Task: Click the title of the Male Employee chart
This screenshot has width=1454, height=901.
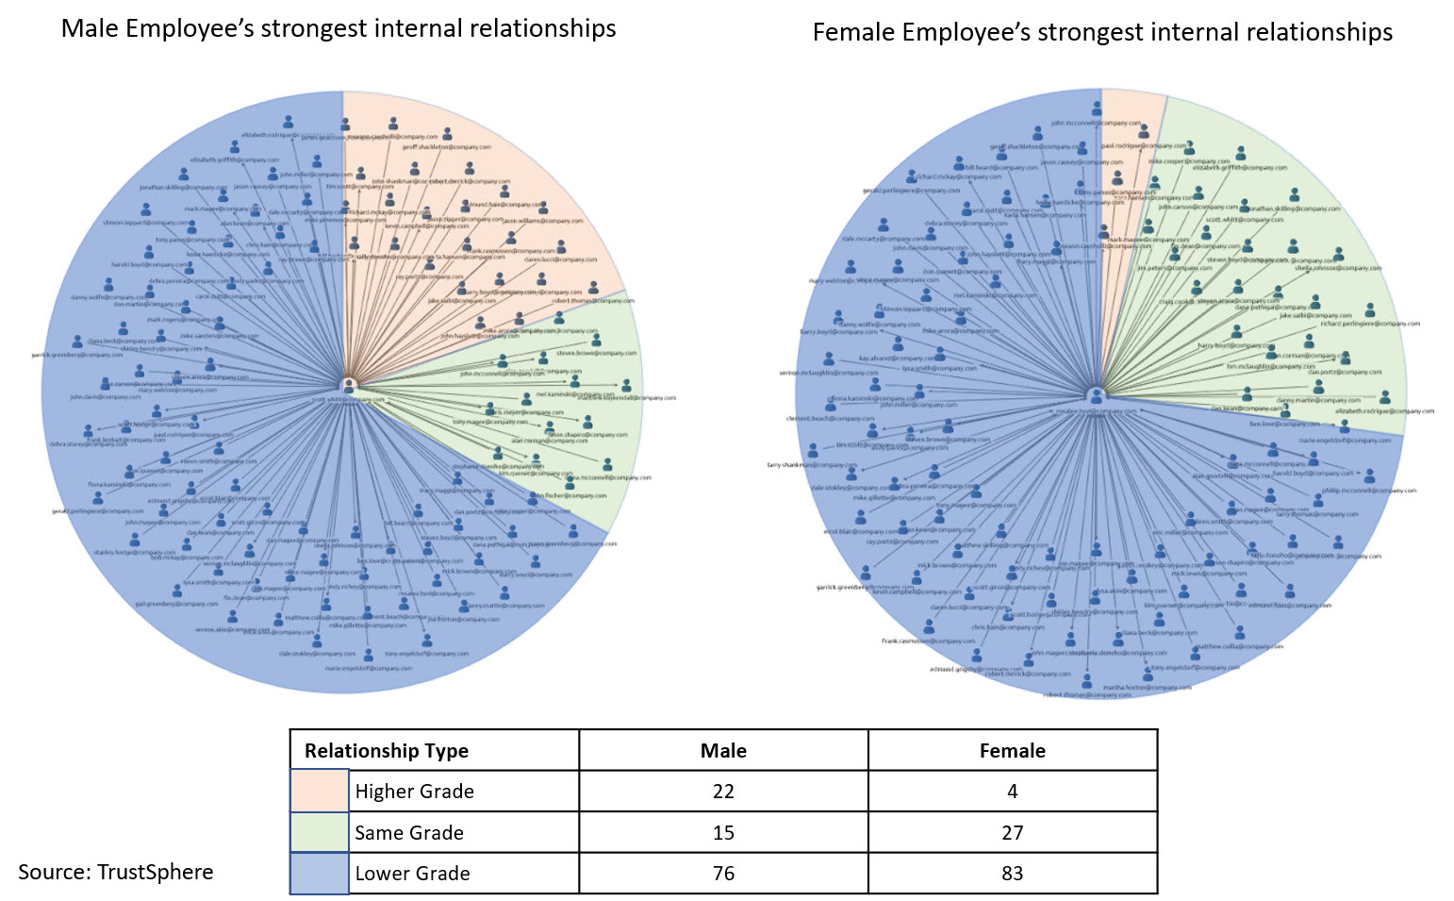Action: pos(339,28)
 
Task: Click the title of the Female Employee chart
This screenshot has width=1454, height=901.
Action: pos(1102,32)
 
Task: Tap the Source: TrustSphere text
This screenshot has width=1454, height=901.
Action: pos(115,872)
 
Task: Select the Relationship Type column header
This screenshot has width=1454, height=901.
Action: pos(387,751)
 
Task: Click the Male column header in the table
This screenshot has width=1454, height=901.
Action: pos(723,751)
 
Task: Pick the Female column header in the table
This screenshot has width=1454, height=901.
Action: pos(1012,751)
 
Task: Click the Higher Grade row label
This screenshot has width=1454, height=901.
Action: pos(414,792)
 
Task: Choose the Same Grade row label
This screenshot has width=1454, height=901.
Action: pos(409,833)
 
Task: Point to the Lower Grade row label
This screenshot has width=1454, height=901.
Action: pos(412,874)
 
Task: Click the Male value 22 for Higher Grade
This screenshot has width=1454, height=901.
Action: pos(723,792)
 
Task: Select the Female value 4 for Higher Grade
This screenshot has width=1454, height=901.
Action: pos(1012,792)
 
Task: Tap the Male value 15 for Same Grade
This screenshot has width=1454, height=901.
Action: pos(723,833)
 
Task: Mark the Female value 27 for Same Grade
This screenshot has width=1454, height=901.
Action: pos(1012,833)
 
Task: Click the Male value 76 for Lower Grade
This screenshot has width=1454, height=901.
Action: pos(723,874)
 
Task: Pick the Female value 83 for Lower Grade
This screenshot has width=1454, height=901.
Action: pos(1012,874)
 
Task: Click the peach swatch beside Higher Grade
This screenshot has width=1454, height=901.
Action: pos(319,792)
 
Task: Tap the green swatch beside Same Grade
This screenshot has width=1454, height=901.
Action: pos(319,833)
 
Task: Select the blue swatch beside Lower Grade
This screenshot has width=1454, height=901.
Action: pos(319,874)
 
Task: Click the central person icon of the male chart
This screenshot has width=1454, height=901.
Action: pos(349,385)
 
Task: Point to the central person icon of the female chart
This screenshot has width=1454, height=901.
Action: pos(1096,395)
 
